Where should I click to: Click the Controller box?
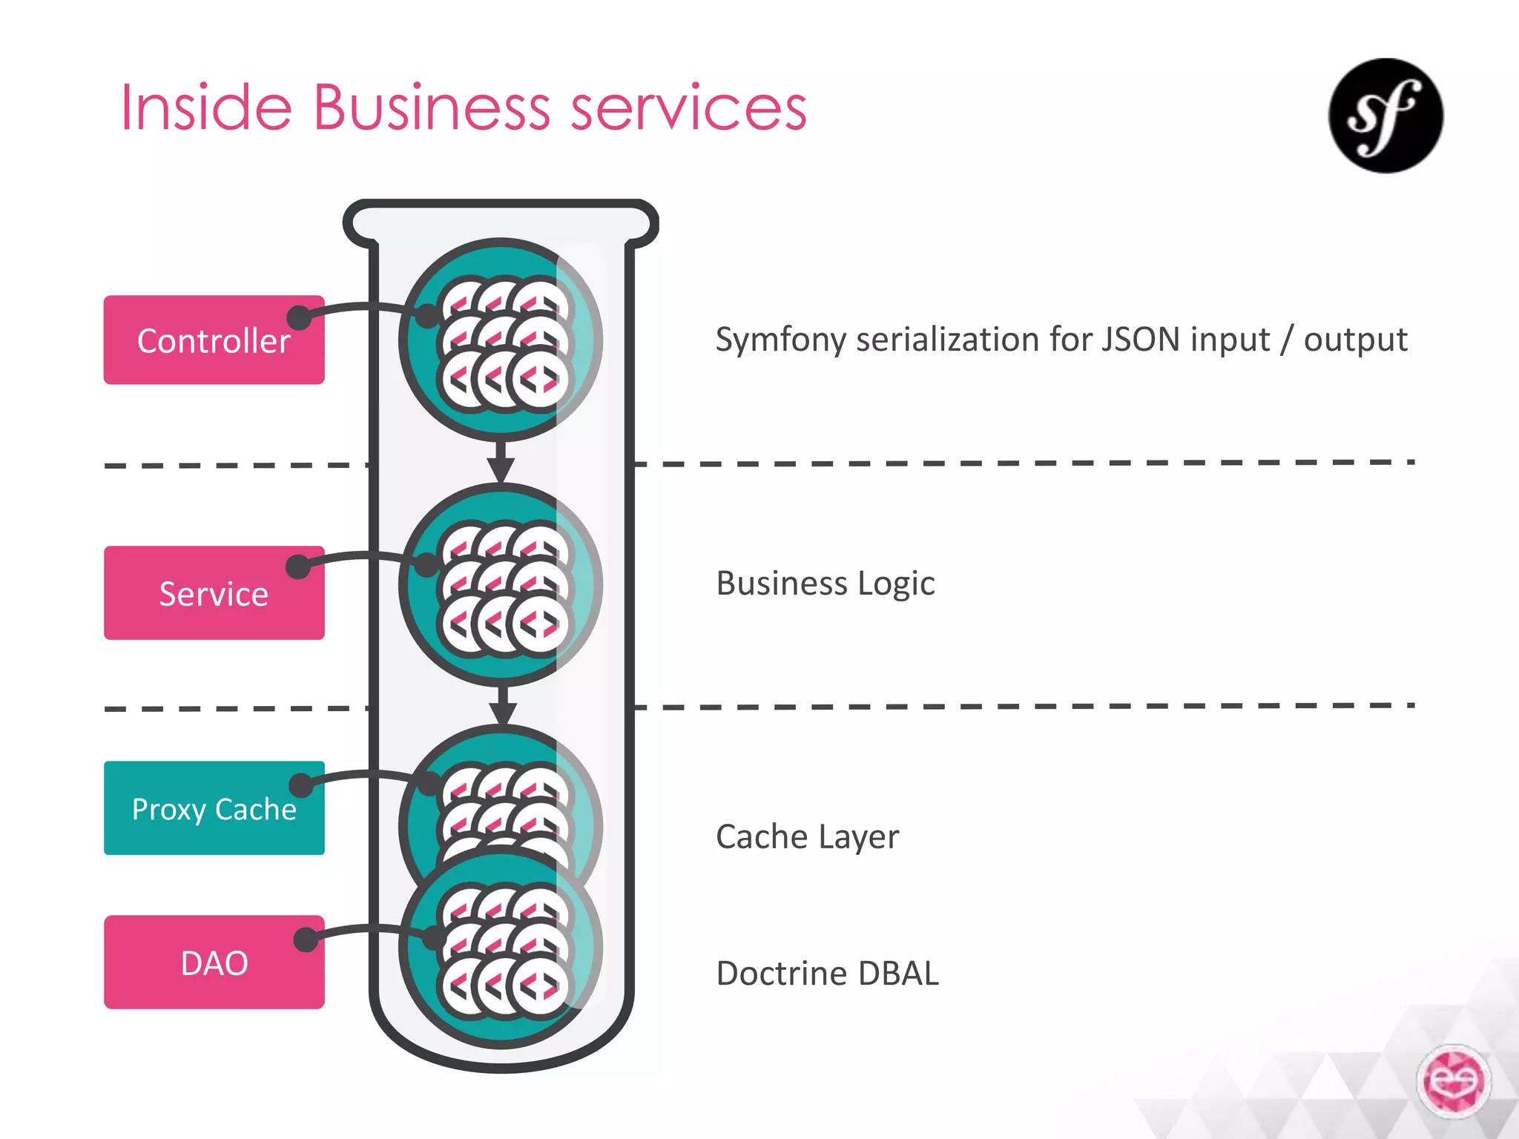(214, 340)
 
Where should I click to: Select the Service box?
(214, 593)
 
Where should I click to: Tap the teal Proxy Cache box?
(214, 808)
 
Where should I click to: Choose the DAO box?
(214, 963)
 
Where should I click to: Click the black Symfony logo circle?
(1385, 116)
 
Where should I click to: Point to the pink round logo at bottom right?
(1453, 1080)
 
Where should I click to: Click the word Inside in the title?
(206, 108)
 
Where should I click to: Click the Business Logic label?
(825, 584)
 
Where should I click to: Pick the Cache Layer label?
(807, 836)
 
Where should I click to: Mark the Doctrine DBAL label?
(827, 974)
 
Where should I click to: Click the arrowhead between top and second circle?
(501, 469)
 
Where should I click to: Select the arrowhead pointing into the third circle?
(503, 713)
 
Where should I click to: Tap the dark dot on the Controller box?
(299, 317)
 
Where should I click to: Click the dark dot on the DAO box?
(306, 940)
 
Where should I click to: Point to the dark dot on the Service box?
(298, 567)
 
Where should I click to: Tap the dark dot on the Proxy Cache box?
(300, 785)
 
